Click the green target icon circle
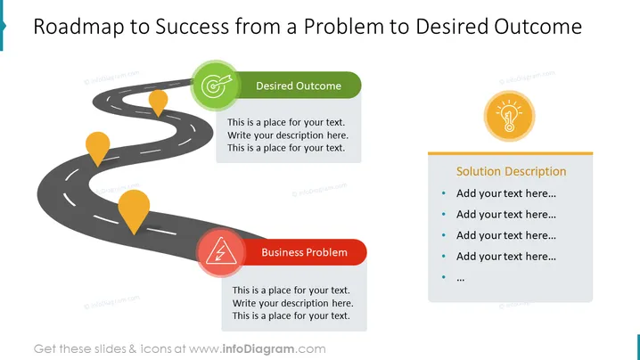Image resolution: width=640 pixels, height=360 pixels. pyautogui.click(x=215, y=86)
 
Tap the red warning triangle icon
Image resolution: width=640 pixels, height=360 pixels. pyautogui.click(x=221, y=252)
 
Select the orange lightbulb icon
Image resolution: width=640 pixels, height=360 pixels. pyautogui.click(x=509, y=117)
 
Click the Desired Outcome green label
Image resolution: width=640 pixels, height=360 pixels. pyautogui.click(x=298, y=86)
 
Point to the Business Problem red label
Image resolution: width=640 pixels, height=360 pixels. pyautogui.click(x=304, y=252)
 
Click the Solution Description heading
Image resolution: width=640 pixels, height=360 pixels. pyautogui.click(x=511, y=171)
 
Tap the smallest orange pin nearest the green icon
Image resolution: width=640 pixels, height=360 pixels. pyautogui.click(x=158, y=103)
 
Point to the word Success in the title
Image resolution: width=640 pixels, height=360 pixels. pyautogui.click(x=193, y=27)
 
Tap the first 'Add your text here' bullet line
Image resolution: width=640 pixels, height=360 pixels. pyautogui.click(x=505, y=193)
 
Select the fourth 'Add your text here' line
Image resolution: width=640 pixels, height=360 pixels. pyautogui.click(x=505, y=257)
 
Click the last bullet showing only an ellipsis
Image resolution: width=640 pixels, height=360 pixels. pyautogui.click(x=461, y=279)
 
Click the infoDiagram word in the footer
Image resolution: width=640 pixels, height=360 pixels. pyautogui.click(x=258, y=349)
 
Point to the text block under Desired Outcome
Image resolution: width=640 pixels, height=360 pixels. pyautogui.click(x=288, y=135)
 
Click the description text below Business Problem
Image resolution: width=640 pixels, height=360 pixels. pyautogui.click(x=292, y=303)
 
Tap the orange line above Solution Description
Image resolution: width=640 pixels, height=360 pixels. pyautogui.click(x=510, y=153)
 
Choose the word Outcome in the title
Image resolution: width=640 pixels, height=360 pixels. pyautogui.click(x=538, y=27)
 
